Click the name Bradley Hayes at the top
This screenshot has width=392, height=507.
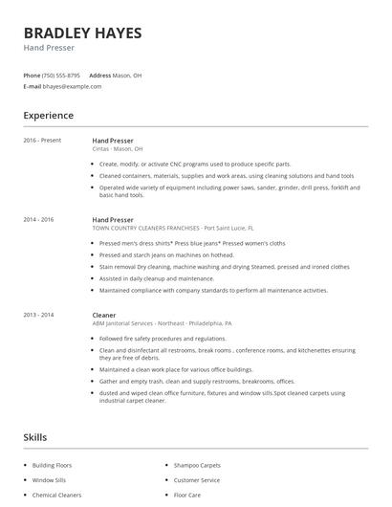(x=82, y=33)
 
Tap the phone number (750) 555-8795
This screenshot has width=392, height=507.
(x=61, y=75)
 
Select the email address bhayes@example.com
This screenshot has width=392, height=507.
(x=72, y=86)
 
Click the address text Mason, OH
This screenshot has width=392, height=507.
(x=127, y=75)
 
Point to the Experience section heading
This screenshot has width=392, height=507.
(x=49, y=116)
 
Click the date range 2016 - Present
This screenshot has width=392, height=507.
(x=42, y=141)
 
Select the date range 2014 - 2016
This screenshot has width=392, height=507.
(x=38, y=220)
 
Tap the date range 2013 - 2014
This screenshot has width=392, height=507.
(x=38, y=315)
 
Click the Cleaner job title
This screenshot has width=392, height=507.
(x=104, y=315)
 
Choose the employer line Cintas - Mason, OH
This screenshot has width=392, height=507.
(x=118, y=149)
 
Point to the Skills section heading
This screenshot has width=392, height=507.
(x=34, y=437)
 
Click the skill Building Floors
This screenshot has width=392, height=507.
(x=52, y=465)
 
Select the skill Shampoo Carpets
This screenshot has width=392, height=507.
(x=197, y=465)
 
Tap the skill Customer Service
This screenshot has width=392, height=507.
(x=197, y=480)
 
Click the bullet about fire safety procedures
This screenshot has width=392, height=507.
(x=163, y=338)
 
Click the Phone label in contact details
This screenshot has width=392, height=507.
(x=32, y=75)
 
